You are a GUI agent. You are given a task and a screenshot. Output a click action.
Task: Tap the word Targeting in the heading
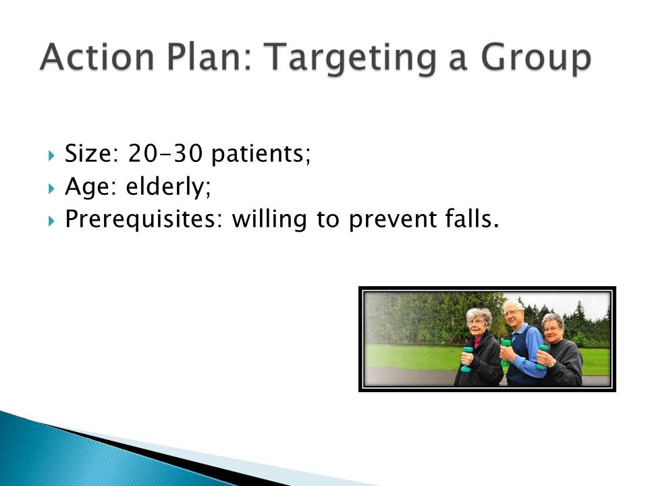click(350, 60)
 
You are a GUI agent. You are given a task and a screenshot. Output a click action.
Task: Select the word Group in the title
click(536, 60)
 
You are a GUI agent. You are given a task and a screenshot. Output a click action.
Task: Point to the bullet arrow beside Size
click(51, 156)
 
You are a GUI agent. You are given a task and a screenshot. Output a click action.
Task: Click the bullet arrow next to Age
click(51, 189)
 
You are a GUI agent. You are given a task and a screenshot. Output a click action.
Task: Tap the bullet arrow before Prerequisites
click(51, 221)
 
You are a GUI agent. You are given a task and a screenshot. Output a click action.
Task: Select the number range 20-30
click(165, 153)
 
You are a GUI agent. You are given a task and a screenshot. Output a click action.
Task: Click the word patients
click(261, 155)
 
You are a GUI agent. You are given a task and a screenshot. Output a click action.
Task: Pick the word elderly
click(168, 187)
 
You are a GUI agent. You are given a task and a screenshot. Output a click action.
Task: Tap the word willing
click(269, 220)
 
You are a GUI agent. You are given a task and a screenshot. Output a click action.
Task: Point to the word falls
click(472, 219)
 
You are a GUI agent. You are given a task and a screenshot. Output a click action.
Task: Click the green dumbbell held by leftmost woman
click(467, 359)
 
